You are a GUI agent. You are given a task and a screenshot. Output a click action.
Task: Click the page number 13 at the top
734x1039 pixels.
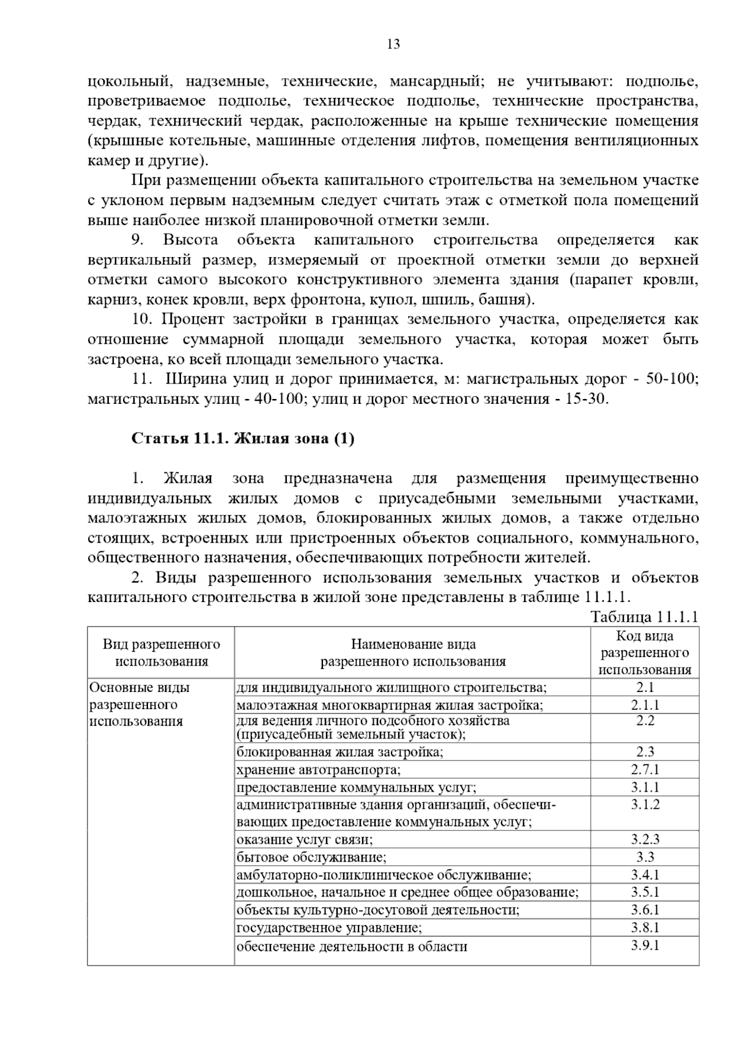(x=393, y=44)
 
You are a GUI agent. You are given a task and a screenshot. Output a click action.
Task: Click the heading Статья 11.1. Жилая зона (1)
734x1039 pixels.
(x=242, y=439)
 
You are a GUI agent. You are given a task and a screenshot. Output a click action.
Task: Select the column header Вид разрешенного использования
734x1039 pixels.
(x=161, y=652)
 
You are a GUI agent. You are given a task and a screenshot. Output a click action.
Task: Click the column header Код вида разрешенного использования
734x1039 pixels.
(x=645, y=652)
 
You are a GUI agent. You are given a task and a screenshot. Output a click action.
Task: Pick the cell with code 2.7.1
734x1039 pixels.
(x=645, y=769)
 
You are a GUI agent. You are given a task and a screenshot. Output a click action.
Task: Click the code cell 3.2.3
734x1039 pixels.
(x=645, y=839)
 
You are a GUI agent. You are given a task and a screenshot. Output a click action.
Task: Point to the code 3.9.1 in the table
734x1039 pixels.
(x=645, y=945)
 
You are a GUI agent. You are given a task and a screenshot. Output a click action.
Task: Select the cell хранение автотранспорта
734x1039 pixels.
(x=319, y=770)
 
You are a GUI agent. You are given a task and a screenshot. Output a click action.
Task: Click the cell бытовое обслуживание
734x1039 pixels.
(x=311, y=857)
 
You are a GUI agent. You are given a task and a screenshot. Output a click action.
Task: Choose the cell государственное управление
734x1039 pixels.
(x=329, y=928)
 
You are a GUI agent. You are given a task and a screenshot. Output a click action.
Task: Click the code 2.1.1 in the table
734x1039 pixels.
(x=645, y=705)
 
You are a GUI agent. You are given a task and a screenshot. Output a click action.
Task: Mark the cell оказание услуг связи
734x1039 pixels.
(x=305, y=840)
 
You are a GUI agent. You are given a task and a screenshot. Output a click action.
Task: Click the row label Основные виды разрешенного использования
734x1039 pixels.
(x=139, y=704)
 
